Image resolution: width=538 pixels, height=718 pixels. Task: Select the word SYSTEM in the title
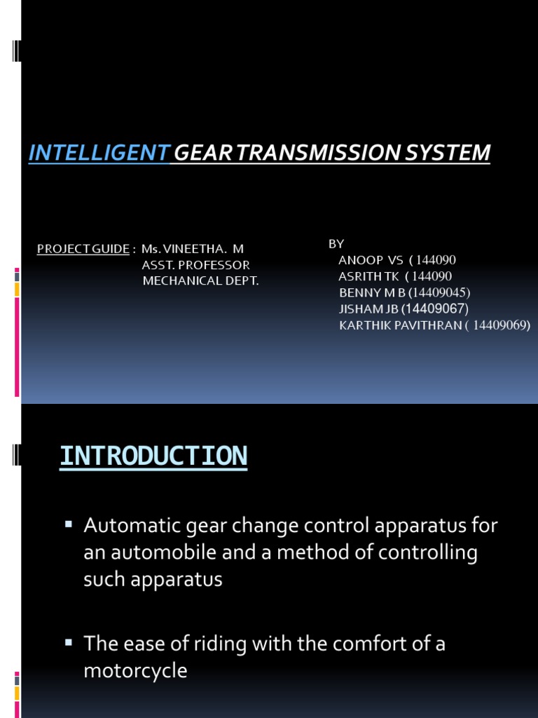(455, 152)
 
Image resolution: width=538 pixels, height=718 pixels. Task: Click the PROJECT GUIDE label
(83, 249)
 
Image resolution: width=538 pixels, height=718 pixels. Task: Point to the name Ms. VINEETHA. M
(193, 249)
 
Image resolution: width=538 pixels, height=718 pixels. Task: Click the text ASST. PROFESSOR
(195, 265)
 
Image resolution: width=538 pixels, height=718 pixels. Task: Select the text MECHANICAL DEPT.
(200, 281)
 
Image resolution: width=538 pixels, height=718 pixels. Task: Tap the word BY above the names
(336, 243)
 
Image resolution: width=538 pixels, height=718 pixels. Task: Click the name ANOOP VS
(371, 260)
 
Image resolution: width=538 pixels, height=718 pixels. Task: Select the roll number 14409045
(440, 292)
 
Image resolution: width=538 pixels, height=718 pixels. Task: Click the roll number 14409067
(436, 309)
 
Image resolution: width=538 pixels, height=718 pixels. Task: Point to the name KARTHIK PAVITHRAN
(399, 325)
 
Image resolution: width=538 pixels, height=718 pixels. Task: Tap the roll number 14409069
(499, 325)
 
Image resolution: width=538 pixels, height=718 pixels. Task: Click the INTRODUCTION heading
(153, 456)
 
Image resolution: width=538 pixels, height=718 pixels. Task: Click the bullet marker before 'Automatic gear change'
(69, 524)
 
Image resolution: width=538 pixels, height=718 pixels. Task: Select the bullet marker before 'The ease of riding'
(69, 642)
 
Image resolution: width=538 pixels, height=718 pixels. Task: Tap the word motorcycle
(135, 670)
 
